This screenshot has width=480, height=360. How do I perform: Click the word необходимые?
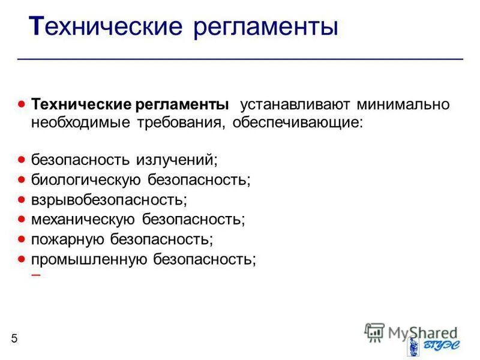click(x=79, y=123)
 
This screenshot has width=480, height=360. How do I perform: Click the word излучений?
click(x=177, y=160)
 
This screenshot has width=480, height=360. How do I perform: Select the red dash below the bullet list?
click(x=36, y=275)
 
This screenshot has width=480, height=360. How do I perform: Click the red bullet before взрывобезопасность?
click(x=22, y=199)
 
